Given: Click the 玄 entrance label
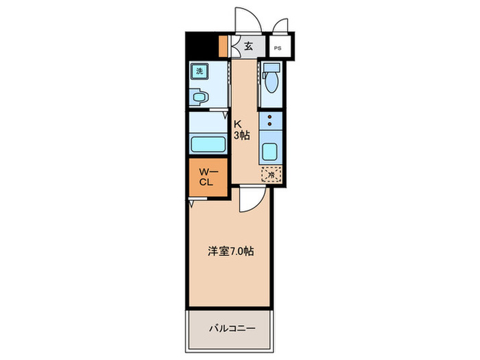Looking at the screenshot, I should (248, 46).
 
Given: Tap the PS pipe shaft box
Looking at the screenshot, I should (277, 49).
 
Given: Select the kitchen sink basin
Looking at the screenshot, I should (269, 153).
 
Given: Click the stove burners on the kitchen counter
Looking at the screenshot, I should (269, 122).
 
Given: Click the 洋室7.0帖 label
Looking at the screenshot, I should (231, 252).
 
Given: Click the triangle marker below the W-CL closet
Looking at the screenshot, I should (191, 204).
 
